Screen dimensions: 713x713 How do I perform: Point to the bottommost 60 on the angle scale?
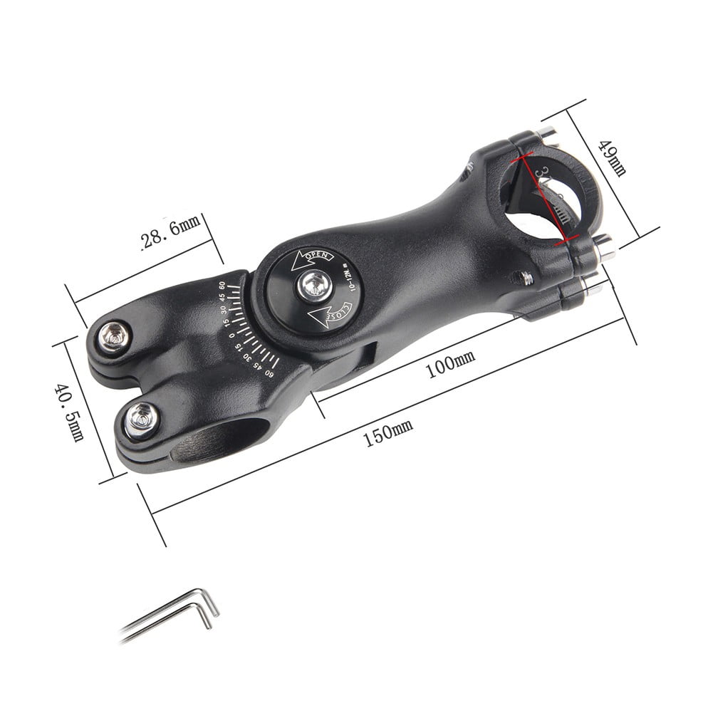click(269, 370)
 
